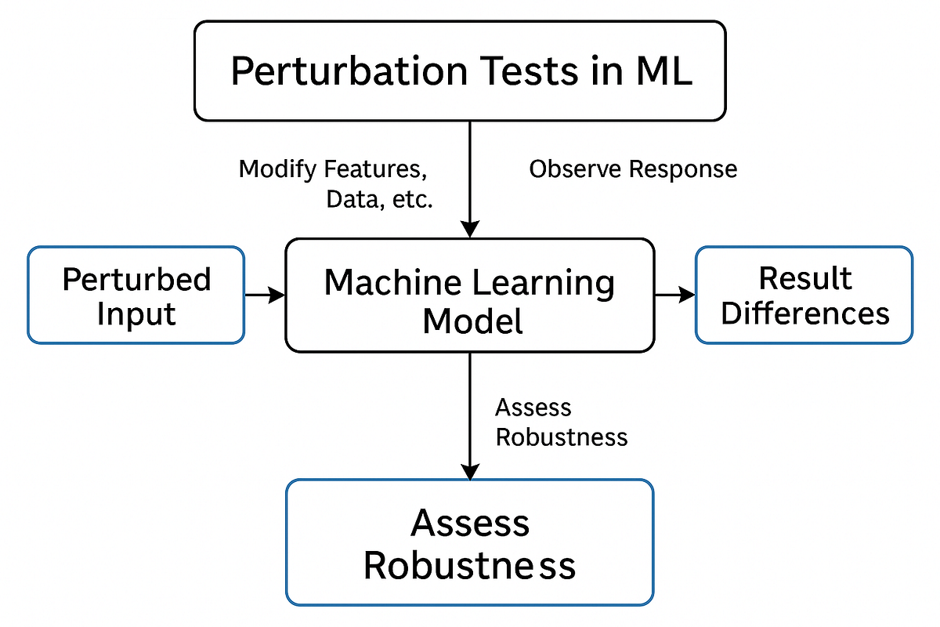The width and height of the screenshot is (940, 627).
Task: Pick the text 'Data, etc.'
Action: click(379, 199)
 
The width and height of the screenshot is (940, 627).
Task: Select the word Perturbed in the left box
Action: click(136, 279)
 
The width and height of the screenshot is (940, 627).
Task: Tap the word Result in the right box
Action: click(804, 278)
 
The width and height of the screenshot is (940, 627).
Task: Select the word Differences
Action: click(804, 313)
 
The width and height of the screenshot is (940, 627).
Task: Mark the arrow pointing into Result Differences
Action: click(674, 295)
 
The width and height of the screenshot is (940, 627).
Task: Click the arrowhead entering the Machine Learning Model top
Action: click(469, 229)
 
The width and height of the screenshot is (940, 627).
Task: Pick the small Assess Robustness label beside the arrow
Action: click(561, 422)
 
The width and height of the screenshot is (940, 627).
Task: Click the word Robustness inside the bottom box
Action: click(469, 565)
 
